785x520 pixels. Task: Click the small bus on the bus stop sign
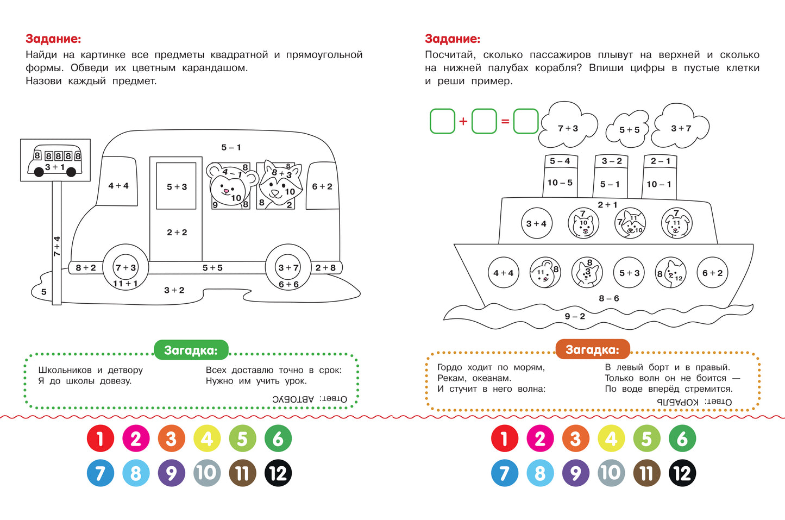point(55,161)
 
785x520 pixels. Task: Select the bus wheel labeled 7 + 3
point(125,267)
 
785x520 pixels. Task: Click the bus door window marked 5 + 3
point(177,186)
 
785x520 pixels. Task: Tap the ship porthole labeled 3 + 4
point(536,223)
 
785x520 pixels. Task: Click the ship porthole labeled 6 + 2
point(712,273)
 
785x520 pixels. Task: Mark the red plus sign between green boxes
point(463,121)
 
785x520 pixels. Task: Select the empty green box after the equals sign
point(525,121)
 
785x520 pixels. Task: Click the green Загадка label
point(191,350)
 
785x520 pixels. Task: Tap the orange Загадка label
point(592,349)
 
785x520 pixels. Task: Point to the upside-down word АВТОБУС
point(293,399)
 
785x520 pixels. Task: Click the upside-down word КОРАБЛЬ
point(678,402)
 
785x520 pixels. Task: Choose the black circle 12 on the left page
point(278,473)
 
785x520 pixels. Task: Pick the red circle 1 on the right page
point(505,438)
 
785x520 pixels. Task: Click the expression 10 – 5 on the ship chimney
point(560,183)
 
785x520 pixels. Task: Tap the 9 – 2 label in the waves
point(575,316)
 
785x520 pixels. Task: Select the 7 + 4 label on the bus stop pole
point(57,246)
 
